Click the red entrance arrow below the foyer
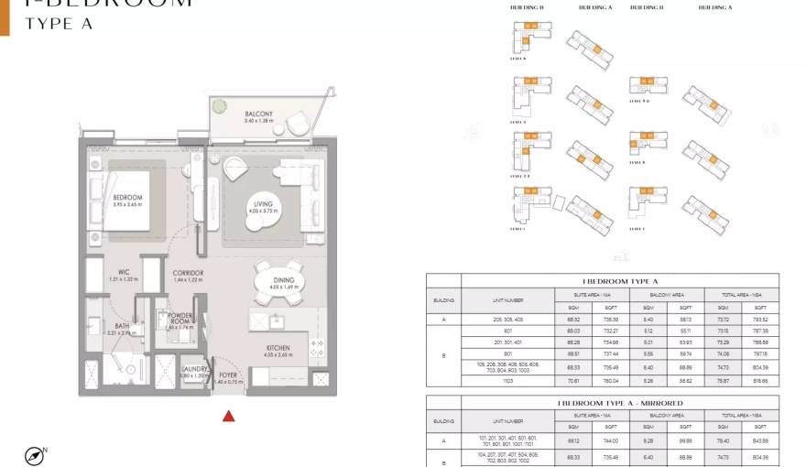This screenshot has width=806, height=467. click(x=229, y=416)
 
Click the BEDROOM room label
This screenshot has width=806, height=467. click(x=127, y=198)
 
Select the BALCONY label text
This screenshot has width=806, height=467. click(x=258, y=114)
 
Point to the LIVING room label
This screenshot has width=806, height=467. click(x=263, y=204)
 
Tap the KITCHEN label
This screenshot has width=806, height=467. click(x=278, y=349)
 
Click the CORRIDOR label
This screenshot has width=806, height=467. click(x=188, y=274)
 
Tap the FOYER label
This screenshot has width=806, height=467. click(x=228, y=374)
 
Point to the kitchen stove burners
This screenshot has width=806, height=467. click(x=319, y=348)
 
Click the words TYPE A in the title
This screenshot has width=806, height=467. click(x=60, y=24)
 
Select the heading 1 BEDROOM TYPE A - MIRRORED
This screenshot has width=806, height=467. click(x=620, y=403)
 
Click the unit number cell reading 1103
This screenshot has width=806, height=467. click(x=507, y=378)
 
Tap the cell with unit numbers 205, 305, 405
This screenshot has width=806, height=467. click(x=507, y=320)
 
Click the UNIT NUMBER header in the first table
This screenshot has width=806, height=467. click(x=507, y=299)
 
